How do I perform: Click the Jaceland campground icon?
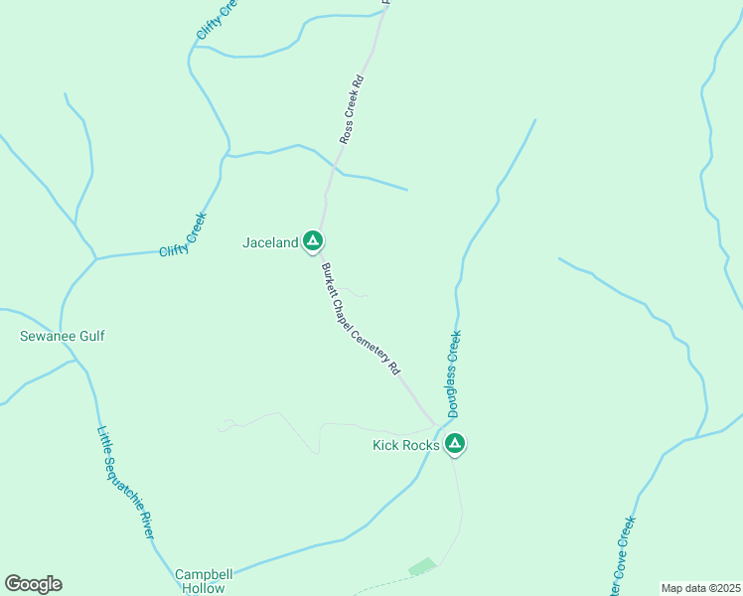click(313, 240)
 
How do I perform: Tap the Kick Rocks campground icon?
click(455, 443)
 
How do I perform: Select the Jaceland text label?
click(270, 242)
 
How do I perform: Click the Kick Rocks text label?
click(405, 445)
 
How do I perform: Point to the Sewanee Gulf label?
click(63, 336)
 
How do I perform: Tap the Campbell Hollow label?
click(204, 581)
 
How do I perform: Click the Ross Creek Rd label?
click(353, 109)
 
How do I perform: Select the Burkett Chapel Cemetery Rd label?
click(360, 318)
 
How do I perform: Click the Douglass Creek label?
click(453, 373)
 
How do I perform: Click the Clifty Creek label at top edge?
click(216, 19)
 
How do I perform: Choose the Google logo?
click(33, 584)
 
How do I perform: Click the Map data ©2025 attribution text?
click(699, 588)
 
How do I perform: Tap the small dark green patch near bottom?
click(422, 566)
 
